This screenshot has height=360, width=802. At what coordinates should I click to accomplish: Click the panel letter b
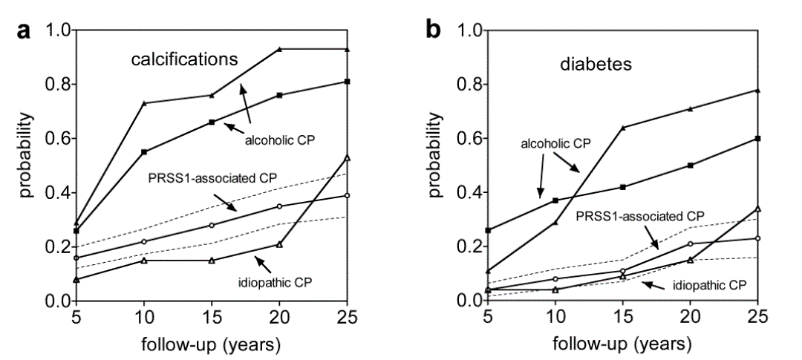point(433,31)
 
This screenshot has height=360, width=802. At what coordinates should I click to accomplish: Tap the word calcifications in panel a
point(186,59)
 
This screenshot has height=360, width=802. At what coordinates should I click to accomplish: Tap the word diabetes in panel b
point(596,64)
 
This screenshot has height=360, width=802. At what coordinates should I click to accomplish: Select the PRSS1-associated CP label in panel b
point(640,216)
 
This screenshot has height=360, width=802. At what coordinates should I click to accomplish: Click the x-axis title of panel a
point(211,345)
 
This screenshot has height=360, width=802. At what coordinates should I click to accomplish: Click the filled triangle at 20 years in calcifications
point(279,49)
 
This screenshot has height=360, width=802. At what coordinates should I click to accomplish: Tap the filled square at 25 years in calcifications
point(348,81)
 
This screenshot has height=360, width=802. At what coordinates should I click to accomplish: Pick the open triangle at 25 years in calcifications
point(348,157)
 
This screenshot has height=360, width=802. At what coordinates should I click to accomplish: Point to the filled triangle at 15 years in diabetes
point(623,128)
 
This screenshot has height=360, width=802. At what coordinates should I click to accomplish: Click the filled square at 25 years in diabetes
point(757,138)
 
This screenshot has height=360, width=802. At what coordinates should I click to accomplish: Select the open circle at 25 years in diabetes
point(757,238)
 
